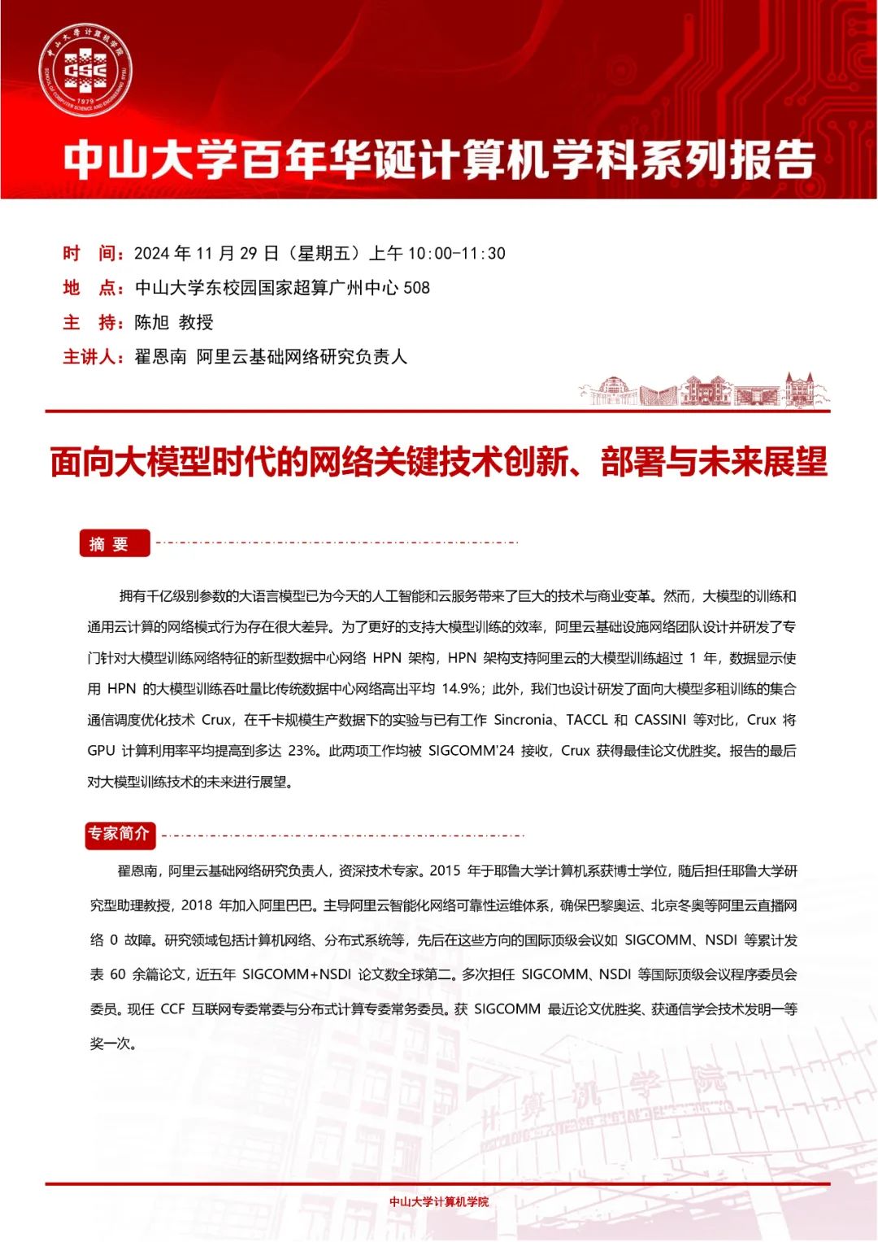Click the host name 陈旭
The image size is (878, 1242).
152,322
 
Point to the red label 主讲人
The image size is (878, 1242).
93,357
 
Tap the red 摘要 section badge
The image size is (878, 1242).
115,543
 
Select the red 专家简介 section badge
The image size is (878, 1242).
120,834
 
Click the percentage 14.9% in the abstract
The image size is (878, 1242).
461,689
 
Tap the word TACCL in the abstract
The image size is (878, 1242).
587,720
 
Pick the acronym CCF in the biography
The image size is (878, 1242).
172,1009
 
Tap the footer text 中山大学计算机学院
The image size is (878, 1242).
439,1201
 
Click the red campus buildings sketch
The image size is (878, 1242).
703,390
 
